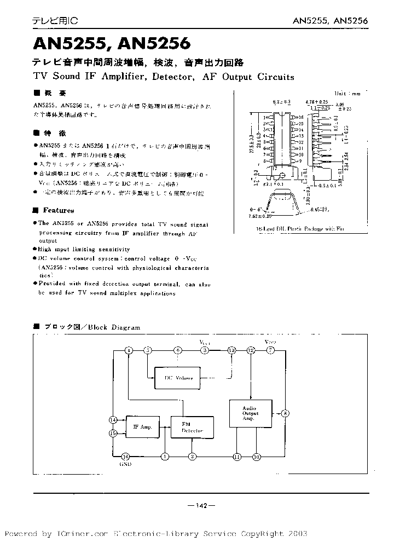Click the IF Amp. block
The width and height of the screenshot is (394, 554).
143,426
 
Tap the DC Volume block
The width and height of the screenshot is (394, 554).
178,378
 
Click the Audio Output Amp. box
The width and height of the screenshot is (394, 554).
250,414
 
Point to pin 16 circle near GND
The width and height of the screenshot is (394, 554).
125,456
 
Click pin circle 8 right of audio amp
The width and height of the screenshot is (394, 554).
285,413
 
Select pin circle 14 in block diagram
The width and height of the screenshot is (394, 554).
113,420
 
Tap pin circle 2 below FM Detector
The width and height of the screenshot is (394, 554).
192,456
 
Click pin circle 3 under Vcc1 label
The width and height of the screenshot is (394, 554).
204,350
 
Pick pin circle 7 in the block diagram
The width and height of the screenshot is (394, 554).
270,350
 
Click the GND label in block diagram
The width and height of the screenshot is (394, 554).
125,464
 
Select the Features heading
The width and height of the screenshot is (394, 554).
58,210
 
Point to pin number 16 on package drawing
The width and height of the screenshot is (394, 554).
300,117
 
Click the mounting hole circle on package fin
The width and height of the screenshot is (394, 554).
282,175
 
